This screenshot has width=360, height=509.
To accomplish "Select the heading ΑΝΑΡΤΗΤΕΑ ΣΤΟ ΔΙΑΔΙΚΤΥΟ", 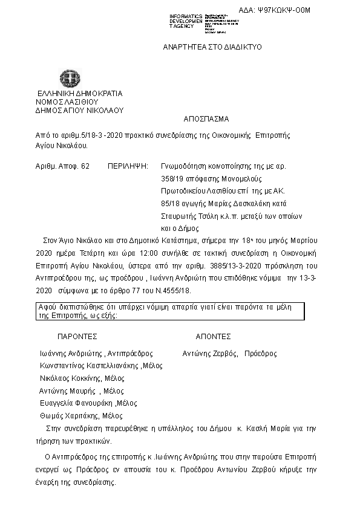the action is (x=212, y=47).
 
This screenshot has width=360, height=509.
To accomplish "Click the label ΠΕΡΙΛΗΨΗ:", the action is (x=128, y=165).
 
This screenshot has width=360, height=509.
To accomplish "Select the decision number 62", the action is (x=85, y=165).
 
